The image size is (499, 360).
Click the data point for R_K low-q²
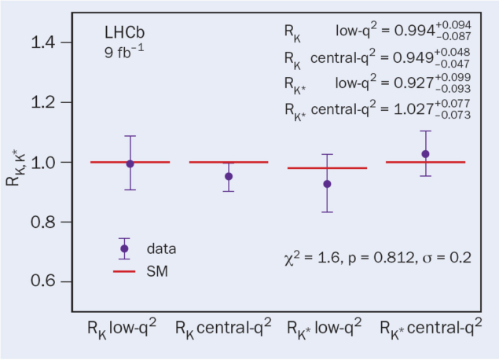pos(130,163)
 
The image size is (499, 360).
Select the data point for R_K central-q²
pos(229,176)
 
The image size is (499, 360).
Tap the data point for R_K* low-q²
pos(327,184)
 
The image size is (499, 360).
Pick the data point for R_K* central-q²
pos(426,154)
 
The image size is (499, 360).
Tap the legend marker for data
pos(124,248)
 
